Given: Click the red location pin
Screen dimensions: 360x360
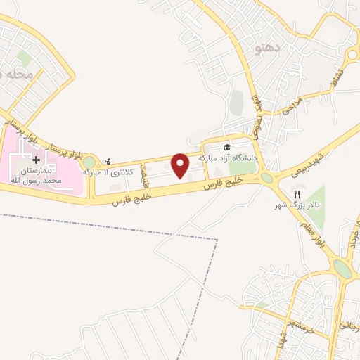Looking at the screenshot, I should tap(180, 165).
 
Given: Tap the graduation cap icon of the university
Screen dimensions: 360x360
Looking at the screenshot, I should tap(227, 147).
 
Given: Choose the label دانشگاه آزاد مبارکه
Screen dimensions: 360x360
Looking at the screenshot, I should tap(227, 158).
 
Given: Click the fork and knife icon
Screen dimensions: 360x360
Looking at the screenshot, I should tap(297, 195).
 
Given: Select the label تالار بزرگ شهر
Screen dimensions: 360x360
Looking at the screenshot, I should tap(297, 207).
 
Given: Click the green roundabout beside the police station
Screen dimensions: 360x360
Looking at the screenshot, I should tap(89, 163).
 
